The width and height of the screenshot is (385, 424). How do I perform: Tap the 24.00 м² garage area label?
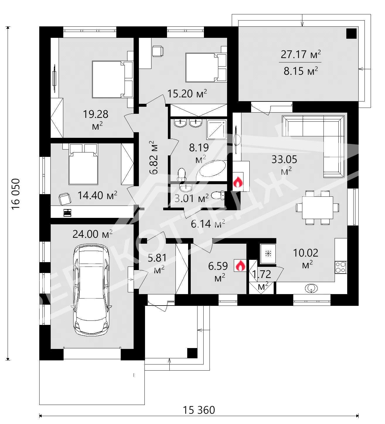click(x=92, y=234)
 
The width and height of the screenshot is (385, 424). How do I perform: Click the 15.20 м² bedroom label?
click(x=187, y=94)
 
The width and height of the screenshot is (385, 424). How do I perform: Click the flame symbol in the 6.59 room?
click(x=240, y=265)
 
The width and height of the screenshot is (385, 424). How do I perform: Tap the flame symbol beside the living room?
click(x=238, y=182)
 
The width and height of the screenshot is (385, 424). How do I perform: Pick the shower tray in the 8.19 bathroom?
click(x=217, y=129)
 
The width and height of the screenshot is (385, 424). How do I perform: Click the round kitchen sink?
click(x=311, y=288)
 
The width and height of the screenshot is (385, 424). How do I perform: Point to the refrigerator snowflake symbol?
click(x=268, y=253)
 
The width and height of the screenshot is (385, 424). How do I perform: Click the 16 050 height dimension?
click(x=16, y=194)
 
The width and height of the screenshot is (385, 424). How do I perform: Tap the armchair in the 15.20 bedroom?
click(x=158, y=51)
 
